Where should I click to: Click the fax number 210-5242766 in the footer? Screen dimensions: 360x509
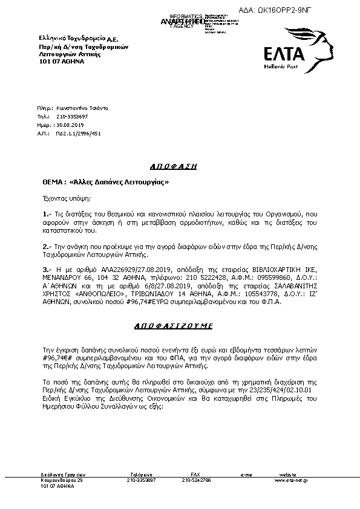[196, 480]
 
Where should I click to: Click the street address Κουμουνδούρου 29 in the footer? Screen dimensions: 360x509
[62, 480]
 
